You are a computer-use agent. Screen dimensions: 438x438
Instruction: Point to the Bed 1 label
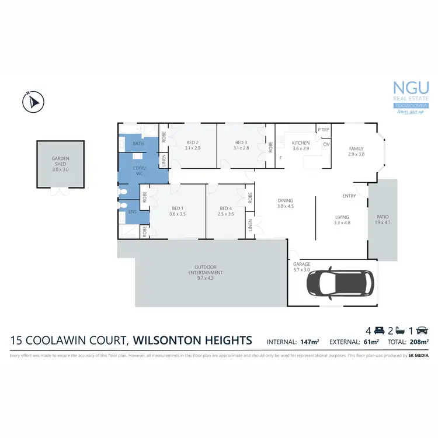(x=178, y=211)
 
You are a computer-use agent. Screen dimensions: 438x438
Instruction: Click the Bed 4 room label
(x=226, y=211)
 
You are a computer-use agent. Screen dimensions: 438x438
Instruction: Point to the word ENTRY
(x=350, y=196)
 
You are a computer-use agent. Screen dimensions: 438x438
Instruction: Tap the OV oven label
(x=326, y=144)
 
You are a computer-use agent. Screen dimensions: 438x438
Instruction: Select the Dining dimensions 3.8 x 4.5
(x=286, y=206)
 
